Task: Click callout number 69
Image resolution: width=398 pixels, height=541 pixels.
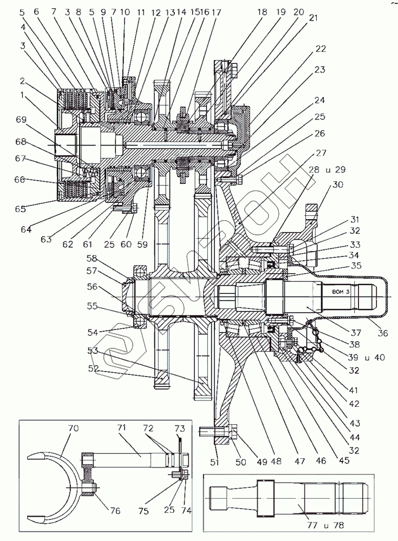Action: pos(22,120)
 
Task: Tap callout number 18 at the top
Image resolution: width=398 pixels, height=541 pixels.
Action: pos(262,12)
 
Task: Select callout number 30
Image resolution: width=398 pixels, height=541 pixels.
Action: pos(337,184)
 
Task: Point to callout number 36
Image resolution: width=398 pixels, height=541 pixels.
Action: pos(383,333)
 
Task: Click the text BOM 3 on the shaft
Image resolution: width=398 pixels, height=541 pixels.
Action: pos(341,292)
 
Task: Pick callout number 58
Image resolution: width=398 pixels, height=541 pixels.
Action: pos(92,259)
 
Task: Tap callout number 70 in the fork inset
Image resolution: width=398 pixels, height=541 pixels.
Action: pos(74,428)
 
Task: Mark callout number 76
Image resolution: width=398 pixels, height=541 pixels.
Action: pos(115,510)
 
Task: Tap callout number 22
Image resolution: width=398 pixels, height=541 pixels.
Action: pos(321,49)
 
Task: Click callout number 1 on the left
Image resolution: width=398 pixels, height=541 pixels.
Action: pos(22,95)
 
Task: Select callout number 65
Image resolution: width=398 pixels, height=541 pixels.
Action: pos(21,209)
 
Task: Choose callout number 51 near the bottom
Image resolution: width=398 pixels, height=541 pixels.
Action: pos(214,461)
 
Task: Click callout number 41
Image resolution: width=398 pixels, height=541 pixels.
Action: pos(353,390)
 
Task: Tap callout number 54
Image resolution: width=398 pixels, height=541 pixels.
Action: pos(93,332)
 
